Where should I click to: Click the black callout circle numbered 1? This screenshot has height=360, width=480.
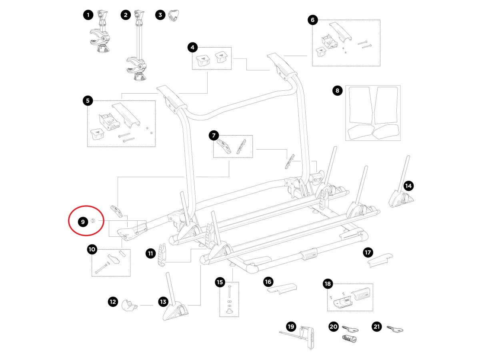pos(88,15)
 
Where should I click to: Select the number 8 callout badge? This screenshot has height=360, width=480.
pos(338,91)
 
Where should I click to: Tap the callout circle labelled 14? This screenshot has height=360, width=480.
pos(408,186)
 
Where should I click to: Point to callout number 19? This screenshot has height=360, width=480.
pos(291,327)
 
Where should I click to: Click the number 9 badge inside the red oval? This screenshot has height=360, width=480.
pos(82,221)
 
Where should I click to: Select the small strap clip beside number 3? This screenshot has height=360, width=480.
pos(172,16)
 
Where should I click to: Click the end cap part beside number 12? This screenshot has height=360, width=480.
pos(129,306)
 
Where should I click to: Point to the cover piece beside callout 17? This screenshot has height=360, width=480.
pos(380,260)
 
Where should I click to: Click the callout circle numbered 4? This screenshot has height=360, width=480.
pos(193,48)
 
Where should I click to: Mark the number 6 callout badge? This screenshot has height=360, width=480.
pos(313,20)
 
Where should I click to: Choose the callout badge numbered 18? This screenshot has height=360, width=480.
pos(328,284)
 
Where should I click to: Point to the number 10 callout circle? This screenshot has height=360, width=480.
pos(92,250)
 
